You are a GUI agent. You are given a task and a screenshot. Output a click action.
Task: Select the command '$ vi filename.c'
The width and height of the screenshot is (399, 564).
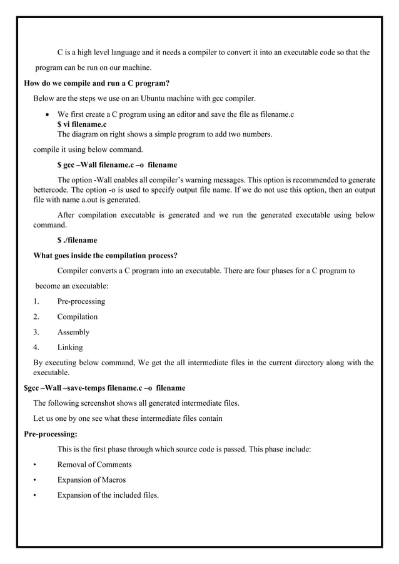82,124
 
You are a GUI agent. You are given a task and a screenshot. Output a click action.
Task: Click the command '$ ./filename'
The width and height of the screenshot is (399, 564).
77,240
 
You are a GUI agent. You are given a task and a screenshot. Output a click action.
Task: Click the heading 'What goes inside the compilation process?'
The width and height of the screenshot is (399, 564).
105,256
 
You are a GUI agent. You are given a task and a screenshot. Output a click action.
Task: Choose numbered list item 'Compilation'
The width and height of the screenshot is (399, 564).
78,317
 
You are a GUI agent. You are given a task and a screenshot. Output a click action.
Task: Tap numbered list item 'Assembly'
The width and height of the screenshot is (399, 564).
73,332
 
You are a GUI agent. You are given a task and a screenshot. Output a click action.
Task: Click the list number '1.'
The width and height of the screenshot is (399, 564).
36,301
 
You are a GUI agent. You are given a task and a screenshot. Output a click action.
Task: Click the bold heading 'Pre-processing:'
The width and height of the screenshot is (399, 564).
50,434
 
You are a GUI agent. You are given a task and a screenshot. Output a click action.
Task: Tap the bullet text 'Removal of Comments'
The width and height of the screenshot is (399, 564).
94,465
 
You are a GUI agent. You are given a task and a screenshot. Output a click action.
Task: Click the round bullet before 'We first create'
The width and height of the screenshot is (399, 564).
48,115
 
